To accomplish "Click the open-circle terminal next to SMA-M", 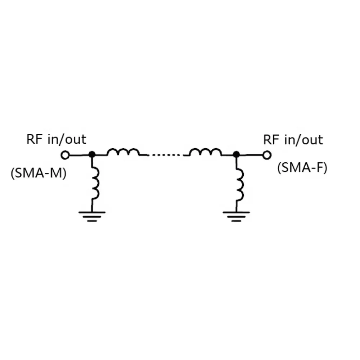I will (x=65, y=155).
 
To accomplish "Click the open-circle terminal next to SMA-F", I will (x=266, y=155).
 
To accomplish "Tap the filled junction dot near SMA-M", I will (x=92, y=154).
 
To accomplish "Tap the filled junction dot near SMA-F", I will (x=236, y=154).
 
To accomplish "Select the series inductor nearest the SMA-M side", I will (x=123, y=153).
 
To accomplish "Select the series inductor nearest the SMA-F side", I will (x=206, y=153).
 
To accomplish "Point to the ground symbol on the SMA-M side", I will (x=92, y=216).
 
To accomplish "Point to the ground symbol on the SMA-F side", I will (x=236, y=216).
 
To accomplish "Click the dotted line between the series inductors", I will (x=166, y=155).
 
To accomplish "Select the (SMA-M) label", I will (x=39, y=174).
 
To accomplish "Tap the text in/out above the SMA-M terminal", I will (x=67, y=139).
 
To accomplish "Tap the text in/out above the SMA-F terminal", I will (x=303, y=140).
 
